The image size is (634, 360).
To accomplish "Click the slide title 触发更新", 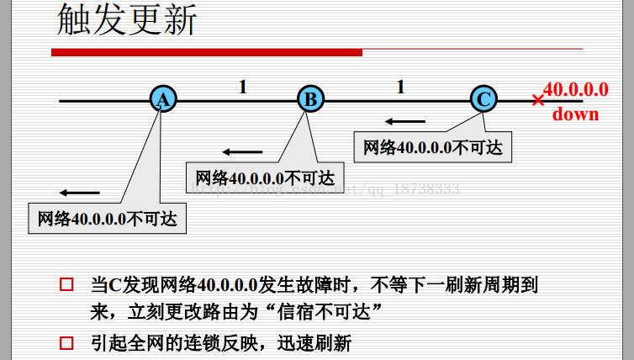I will pyautogui.click(x=126, y=21).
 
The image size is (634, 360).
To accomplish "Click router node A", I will pyautogui.click(x=162, y=99).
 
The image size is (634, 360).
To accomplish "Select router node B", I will pyautogui.click(x=310, y=99).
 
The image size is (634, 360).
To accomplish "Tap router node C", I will pyautogui.click(x=483, y=99).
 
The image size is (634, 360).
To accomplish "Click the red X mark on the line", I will pyautogui.click(x=538, y=100).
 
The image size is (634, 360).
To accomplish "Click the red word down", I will pyautogui.click(x=576, y=114).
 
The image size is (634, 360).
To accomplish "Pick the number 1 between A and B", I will pyautogui.click(x=243, y=86).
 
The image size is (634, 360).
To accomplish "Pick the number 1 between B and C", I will pyautogui.click(x=400, y=86).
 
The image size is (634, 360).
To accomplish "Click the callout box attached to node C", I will pyautogui.click(x=433, y=147).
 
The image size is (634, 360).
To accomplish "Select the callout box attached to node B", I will pyautogui.click(x=265, y=177).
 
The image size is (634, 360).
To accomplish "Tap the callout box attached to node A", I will pyautogui.click(x=108, y=219).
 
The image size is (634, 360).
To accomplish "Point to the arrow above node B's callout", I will pyautogui.click(x=243, y=151).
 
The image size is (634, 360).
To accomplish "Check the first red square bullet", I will pyautogui.click(x=66, y=285).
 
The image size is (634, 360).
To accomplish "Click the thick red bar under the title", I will pyautogui.click(x=206, y=52).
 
